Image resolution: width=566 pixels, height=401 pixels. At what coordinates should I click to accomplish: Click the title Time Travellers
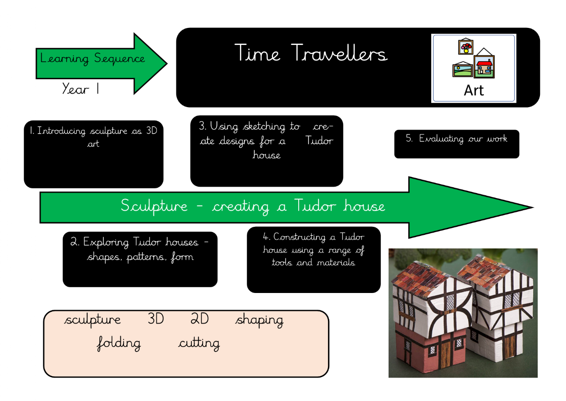point(310,53)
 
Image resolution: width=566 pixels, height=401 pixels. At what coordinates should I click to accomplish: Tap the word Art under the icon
point(473,90)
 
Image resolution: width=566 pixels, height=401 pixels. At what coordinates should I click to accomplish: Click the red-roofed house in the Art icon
point(484,65)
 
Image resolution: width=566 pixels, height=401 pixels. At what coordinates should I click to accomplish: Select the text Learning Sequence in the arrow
point(93,59)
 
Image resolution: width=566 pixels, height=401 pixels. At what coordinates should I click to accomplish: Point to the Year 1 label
point(81,89)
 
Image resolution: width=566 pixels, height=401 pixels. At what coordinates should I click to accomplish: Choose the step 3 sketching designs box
point(266,151)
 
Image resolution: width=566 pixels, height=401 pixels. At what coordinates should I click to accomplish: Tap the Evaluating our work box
point(456,144)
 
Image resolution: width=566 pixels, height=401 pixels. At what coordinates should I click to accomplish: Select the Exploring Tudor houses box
point(140,259)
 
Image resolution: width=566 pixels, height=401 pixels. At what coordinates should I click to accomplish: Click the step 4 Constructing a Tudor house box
point(314,259)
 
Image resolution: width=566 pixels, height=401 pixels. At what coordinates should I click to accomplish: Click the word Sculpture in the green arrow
point(154,206)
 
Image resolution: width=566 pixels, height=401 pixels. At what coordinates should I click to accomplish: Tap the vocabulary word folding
point(119,343)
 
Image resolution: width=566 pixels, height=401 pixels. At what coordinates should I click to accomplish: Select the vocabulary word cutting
point(199,343)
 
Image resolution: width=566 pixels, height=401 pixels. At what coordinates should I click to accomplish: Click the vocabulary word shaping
point(259,320)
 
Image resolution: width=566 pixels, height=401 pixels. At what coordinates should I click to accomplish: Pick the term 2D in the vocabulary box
point(200,319)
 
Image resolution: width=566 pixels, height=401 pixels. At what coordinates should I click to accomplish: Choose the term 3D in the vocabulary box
point(155,319)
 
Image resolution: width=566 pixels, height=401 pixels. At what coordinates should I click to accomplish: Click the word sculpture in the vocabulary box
point(93,320)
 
